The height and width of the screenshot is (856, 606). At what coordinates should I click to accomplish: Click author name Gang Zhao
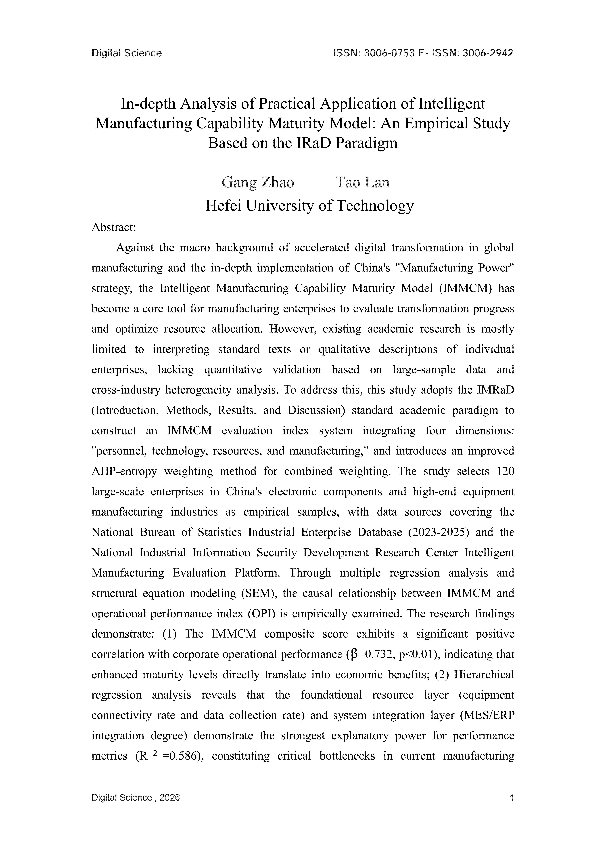coord(258,183)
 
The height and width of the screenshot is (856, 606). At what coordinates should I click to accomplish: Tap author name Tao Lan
coord(362,183)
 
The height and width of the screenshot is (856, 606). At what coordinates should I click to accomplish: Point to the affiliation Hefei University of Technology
coord(309,206)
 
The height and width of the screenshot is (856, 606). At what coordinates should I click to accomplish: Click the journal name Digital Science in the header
coord(127,53)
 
